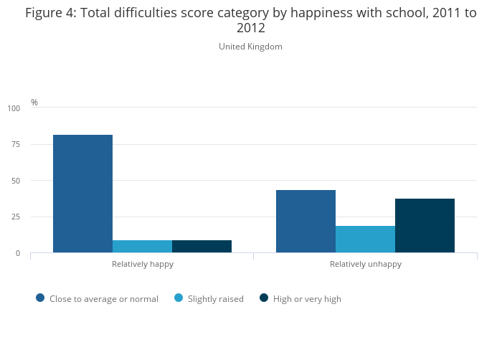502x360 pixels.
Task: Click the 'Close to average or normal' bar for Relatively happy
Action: pyautogui.click(x=82, y=194)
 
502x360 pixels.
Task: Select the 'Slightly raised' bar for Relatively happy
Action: pyautogui.click(x=142, y=247)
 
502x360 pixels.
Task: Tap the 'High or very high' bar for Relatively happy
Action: pyautogui.click(x=202, y=247)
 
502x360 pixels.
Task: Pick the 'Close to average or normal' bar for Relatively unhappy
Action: pyautogui.click(x=306, y=221)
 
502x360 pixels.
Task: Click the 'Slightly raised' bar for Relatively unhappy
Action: pyautogui.click(x=365, y=240)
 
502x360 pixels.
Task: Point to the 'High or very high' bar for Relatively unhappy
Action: pyautogui.click(x=425, y=226)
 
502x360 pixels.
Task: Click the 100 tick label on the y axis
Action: pyautogui.click(x=14, y=108)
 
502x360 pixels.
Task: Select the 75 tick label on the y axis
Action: pyautogui.click(x=16, y=145)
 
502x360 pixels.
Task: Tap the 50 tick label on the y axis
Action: pyautogui.click(x=16, y=181)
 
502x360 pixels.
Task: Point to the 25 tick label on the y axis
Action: pyautogui.click(x=16, y=217)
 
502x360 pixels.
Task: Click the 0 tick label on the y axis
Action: pyautogui.click(x=18, y=254)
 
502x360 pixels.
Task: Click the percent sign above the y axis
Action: pyautogui.click(x=34, y=103)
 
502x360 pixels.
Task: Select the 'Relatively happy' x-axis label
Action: pyautogui.click(x=142, y=264)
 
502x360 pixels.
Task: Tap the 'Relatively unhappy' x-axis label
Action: pyautogui.click(x=365, y=264)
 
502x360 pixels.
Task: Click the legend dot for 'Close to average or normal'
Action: pyautogui.click(x=40, y=298)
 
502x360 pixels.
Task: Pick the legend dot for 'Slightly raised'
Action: pyautogui.click(x=179, y=298)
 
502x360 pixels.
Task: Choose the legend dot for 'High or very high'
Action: pyautogui.click(x=264, y=298)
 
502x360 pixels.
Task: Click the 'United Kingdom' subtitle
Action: pyautogui.click(x=250, y=47)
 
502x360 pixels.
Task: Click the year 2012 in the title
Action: pyautogui.click(x=250, y=29)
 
